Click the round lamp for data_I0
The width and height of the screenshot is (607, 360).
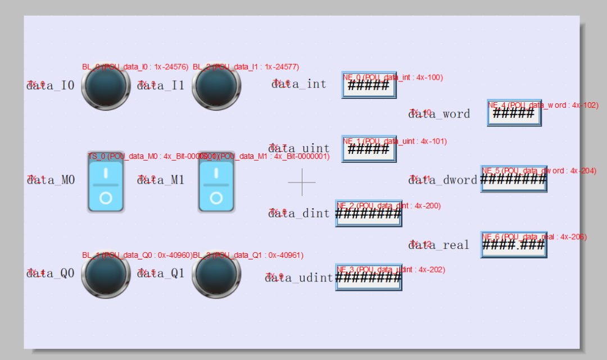click(106, 87)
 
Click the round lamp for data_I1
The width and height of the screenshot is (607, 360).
click(216, 87)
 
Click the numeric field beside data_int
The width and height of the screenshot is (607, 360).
click(369, 85)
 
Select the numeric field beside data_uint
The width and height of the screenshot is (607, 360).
click(369, 149)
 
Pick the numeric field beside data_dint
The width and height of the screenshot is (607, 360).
click(369, 213)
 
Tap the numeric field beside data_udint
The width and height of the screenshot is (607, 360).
click(369, 277)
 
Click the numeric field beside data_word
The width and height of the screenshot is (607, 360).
click(514, 113)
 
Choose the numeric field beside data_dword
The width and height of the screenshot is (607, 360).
click(514, 179)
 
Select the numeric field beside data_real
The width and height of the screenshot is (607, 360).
click(514, 245)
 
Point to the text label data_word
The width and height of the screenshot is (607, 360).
click(439, 114)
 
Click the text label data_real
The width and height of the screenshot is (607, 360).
click(438, 245)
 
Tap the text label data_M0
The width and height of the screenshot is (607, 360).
click(51, 180)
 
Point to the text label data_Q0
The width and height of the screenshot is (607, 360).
click(51, 274)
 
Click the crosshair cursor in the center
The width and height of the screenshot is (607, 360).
click(302, 182)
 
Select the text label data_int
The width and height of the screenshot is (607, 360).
click(298, 84)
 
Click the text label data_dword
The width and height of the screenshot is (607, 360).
click(442, 180)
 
